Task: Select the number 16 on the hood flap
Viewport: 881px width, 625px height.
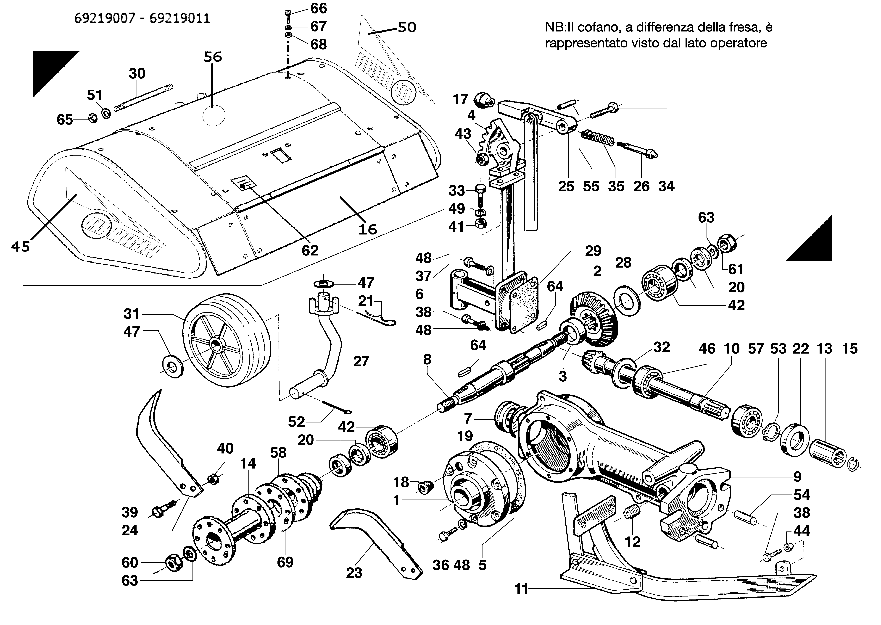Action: pos(367,229)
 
